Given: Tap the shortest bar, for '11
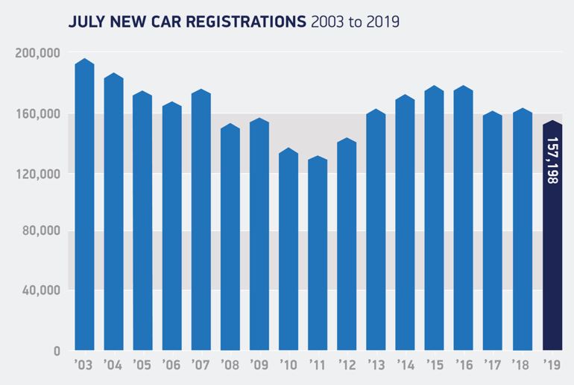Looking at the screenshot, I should tap(318, 254).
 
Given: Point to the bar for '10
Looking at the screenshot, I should tap(288, 250).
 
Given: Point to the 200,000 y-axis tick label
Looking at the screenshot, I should tap(37, 54).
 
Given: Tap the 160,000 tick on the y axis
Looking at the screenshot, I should tap(37, 114).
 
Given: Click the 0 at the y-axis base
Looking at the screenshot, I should tap(56, 350).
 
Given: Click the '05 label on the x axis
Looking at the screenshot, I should tap(142, 366).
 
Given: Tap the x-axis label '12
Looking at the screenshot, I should tap(347, 366).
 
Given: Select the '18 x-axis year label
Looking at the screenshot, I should tap(523, 366).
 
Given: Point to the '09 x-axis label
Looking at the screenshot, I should tap(259, 366).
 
